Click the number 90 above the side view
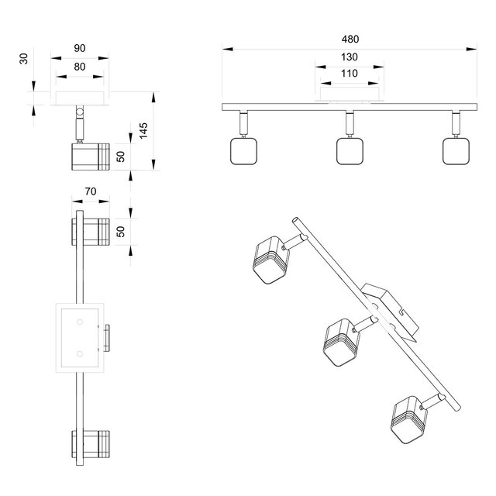point(80,47)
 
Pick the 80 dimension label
point(80,67)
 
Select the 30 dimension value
point(26,58)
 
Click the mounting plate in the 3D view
point(391,308)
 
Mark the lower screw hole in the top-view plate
point(80,353)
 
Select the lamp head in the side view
point(89,157)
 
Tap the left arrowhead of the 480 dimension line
point(226,48)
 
